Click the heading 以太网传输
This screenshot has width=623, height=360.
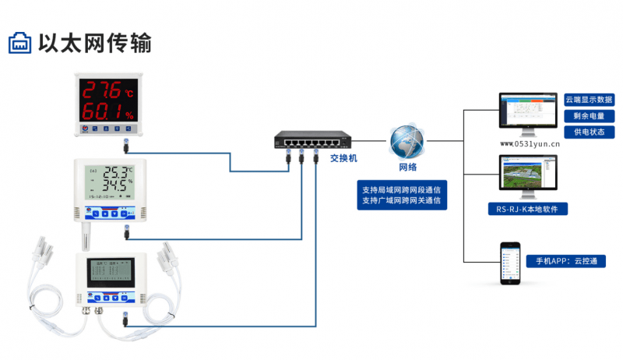click(x=94, y=43)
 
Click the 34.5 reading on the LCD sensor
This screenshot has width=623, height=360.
click(x=115, y=188)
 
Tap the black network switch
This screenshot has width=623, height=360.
click(x=308, y=141)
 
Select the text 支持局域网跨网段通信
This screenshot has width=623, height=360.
click(x=402, y=189)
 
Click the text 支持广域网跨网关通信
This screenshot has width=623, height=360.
click(x=402, y=201)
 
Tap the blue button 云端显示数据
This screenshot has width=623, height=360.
click(x=589, y=101)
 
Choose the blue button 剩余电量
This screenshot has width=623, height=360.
click(x=589, y=116)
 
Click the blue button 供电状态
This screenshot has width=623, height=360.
click(x=589, y=132)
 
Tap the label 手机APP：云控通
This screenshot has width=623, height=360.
click(x=566, y=260)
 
